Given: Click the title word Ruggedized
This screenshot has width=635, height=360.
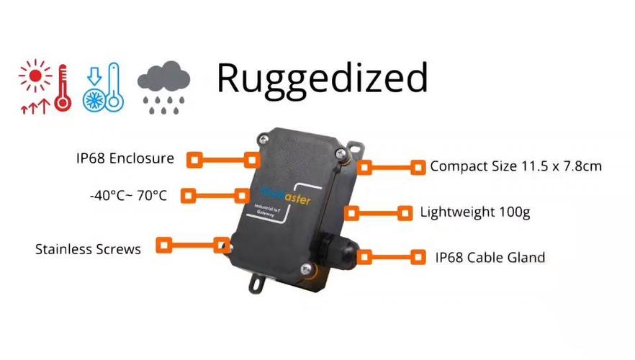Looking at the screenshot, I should click(322, 78).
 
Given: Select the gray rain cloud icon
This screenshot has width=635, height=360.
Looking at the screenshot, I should click(163, 89).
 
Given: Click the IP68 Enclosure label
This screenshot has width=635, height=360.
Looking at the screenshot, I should click(125, 158).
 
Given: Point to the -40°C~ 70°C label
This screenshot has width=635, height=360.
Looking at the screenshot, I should click(129, 194).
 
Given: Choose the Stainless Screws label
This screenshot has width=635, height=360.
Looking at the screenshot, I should click(88, 249).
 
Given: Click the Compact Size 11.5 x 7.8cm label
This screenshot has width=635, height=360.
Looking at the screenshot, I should click(515, 166).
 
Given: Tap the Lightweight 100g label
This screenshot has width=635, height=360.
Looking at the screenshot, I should click(475, 212).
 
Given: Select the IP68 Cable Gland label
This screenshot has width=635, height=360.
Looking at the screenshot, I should click(490, 257).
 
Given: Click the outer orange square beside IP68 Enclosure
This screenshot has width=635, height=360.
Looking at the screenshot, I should click(193, 159).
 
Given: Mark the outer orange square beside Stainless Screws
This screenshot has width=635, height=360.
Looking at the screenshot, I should click(164, 245).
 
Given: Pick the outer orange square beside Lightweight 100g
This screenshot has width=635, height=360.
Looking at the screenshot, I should click(405, 213).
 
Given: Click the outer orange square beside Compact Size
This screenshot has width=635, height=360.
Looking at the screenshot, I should click(418, 167).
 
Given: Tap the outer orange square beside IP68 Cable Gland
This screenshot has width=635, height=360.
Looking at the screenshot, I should click(418, 256).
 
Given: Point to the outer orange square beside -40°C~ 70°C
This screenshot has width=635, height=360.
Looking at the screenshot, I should click(188, 195).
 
